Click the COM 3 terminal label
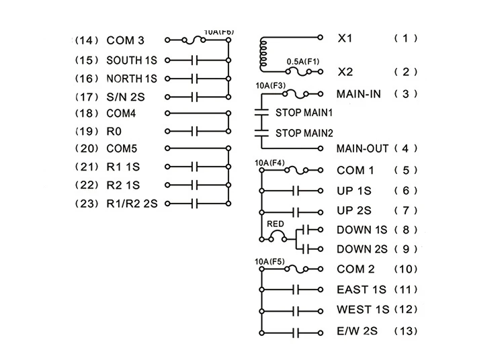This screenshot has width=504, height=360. (x=125, y=40)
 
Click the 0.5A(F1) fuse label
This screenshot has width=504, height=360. (x=304, y=62)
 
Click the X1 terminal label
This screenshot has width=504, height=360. (x=345, y=38)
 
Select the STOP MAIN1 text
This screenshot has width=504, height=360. (x=304, y=112)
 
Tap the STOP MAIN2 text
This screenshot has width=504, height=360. (x=304, y=132)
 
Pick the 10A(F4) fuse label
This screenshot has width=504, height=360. (x=270, y=163)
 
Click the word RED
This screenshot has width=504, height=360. (x=274, y=224)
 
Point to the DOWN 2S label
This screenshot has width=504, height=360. (x=362, y=249)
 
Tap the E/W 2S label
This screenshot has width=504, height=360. (x=356, y=331)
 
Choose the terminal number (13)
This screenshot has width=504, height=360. (x=405, y=331)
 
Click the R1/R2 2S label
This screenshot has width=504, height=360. (x=132, y=202)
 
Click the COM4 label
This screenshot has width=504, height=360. (x=122, y=113)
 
